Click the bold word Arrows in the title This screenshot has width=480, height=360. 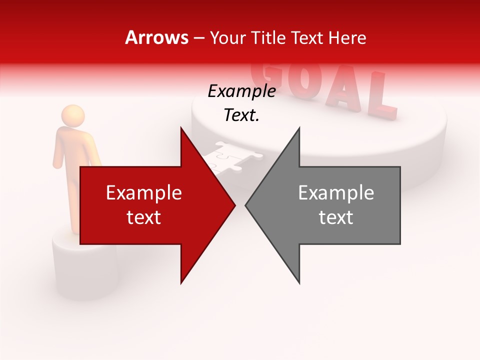(x=157, y=37)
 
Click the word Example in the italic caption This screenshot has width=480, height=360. (x=241, y=91)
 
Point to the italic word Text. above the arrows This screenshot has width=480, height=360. (x=241, y=115)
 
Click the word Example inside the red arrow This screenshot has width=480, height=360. (x=144, y=193)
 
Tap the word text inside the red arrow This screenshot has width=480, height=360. (x=144, y=217)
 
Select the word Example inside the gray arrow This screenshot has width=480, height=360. (x=336, y=193)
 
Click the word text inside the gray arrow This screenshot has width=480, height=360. (x=336, y=217)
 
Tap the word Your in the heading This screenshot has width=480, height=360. (x=225, y=37)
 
